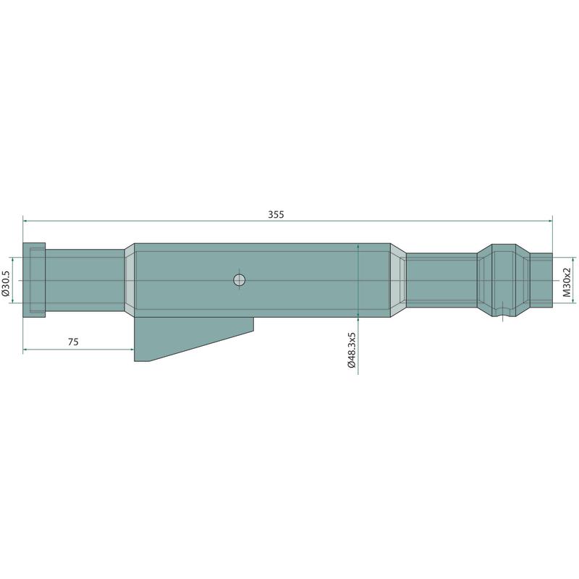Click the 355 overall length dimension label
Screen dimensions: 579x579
point(276,214)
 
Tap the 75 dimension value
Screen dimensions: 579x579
point(73,342)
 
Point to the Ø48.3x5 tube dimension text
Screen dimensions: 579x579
point(351,350)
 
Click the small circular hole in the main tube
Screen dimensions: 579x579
point(240,280)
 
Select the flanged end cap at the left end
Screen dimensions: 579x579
point(34,280)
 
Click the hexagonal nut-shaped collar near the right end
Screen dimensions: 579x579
point(504,280)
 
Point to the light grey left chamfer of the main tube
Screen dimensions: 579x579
point(130,280)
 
